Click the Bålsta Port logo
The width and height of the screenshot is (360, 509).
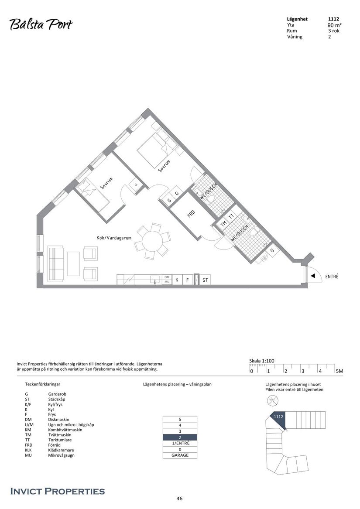point(41,24)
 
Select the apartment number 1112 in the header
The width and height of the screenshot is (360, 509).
point(333,19)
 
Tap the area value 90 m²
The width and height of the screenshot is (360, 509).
point(334,25)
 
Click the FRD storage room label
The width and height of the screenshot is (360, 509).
point(191,214)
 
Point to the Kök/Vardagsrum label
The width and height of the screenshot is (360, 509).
point(114,238)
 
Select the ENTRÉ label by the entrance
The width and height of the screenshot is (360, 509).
point(332,277)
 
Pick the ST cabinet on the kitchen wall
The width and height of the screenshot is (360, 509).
point(205,280)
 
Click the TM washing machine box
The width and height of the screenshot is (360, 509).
point(223,223)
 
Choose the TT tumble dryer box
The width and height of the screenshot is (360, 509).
point(232,215)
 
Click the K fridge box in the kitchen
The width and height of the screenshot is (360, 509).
point(177,280)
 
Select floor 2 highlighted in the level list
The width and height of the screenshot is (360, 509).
point(180,437)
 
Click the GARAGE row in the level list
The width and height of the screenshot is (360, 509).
point(180,455)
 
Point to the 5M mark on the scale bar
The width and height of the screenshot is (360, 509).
point(339,371)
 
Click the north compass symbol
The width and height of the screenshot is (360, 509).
point(273,400)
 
